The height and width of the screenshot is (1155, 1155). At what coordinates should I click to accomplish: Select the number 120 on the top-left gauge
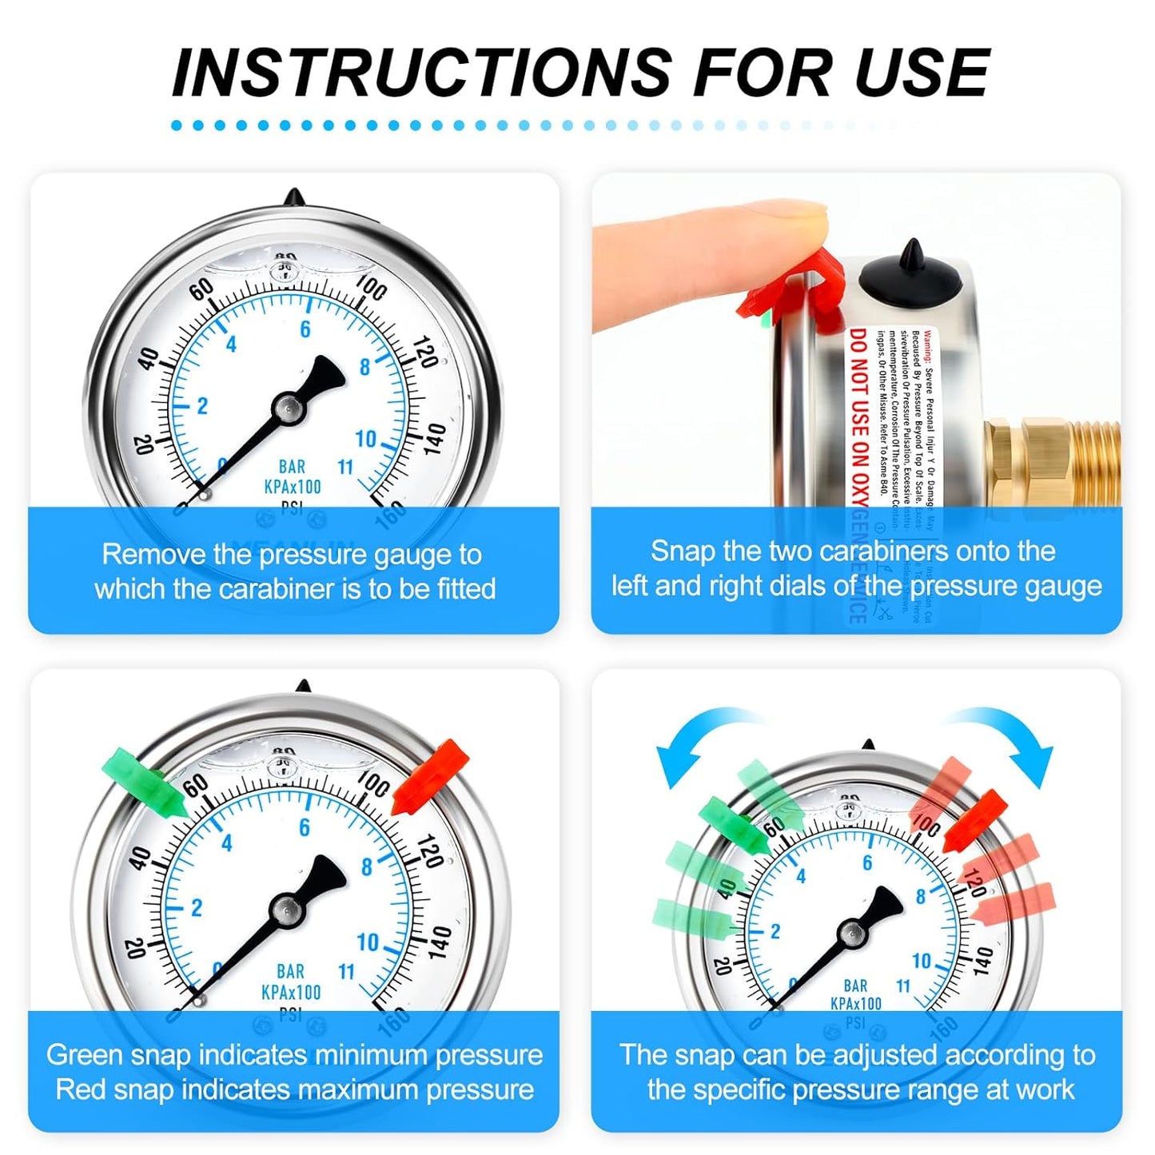424,352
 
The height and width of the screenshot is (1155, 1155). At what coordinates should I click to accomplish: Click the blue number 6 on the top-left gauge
305,329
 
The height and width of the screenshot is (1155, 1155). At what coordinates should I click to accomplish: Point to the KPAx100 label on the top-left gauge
292,487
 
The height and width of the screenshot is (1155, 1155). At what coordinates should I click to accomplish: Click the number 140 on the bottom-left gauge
439,943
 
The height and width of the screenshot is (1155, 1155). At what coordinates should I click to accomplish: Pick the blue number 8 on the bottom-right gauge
920,897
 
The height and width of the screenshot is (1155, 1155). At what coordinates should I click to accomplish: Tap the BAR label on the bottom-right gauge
854,986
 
